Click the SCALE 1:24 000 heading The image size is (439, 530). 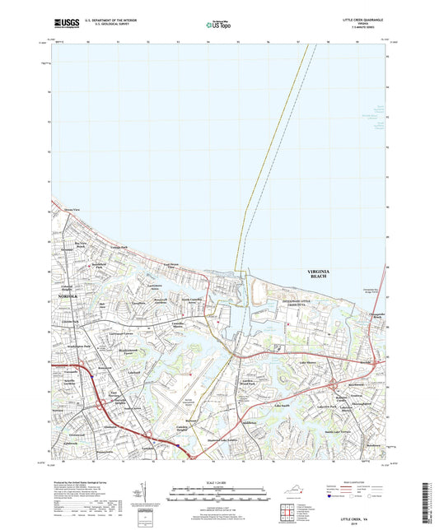pyautogui.click(x=218, y=482)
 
